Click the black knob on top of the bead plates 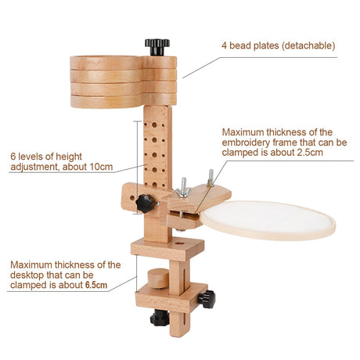[x=157, y=47]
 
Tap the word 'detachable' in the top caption [x=309, y=45]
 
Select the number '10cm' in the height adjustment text [x=101, y=167]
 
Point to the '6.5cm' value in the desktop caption [x=96, y=285]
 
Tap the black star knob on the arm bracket [x=145, y=203]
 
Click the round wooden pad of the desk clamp [x=158, y=279]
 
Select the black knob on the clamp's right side [x=207, y=299]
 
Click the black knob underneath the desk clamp [x=160, y=318]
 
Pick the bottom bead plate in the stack [x=123, y=102]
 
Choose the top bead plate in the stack [x=123, y=63]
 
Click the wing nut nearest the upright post [x=183, y=189]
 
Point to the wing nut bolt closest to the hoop [x=211, y=178]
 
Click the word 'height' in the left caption [x=69, y=157]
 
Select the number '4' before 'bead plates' [x=224, y=45]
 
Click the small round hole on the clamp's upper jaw [x=179, y=243]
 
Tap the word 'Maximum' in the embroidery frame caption [x=243, y=132]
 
